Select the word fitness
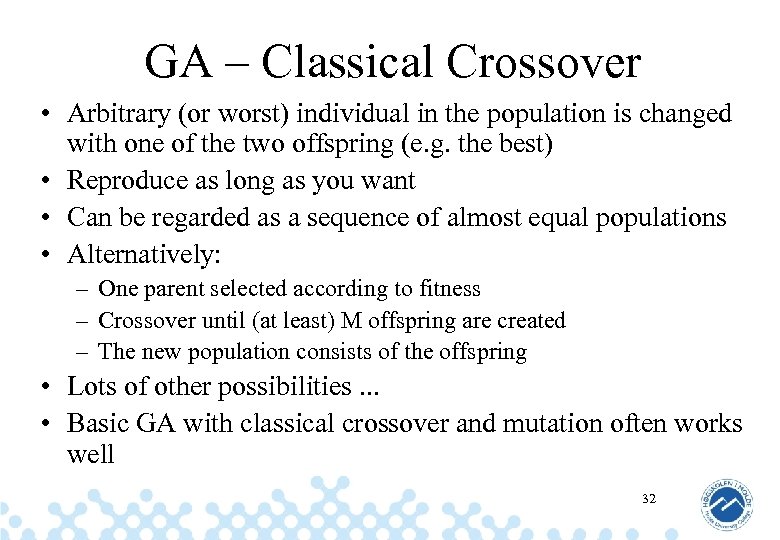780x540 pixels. pos(447,289)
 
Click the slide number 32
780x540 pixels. pos(649,497)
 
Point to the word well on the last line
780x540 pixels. pos(90,455)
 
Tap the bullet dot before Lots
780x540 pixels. pos(47,387)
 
